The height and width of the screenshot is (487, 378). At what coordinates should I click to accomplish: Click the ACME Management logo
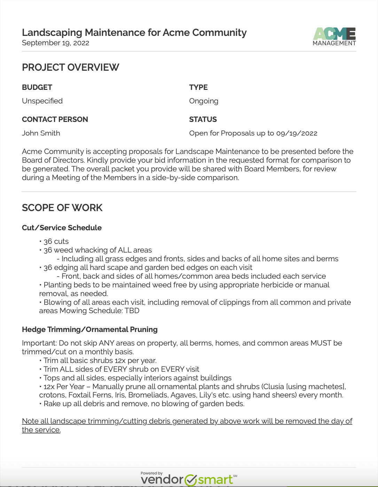tap(334, 37)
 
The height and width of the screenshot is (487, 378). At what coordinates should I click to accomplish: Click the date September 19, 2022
tap(56, 43)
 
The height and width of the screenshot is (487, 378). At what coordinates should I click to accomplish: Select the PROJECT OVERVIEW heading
tap(71, 67)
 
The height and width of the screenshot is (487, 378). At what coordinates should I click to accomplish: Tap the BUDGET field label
tap(37, 87)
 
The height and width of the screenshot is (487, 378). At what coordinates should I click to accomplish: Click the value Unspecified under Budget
tap(42, 101)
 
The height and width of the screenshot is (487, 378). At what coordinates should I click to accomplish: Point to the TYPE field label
tap(198, 87)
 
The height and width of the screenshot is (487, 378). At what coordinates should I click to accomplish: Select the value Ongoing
tap(204, 101)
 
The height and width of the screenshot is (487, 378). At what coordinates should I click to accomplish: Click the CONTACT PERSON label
tap(55, 119)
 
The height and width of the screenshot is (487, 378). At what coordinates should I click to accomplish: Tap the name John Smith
tap(41, 133)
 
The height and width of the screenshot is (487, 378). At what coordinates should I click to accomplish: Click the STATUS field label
tap(203, 119)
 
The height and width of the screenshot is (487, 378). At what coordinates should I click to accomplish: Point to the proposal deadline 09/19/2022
tap(297, 133)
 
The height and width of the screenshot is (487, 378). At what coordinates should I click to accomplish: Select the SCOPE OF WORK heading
tap(62, 208)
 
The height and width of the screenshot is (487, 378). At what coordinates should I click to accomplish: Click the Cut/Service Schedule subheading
tap(62, 228)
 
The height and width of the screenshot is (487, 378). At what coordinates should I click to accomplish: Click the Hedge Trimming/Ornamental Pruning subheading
tap(90, 330)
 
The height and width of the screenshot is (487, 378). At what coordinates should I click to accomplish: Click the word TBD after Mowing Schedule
tap(132, 311)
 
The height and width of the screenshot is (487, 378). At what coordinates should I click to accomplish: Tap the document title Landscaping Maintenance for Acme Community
tap(134, 32)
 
